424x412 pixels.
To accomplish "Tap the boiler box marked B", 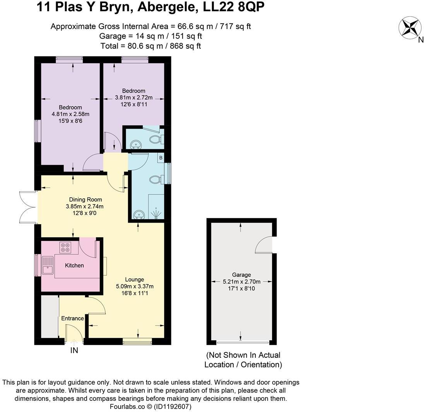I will tap(161, 158).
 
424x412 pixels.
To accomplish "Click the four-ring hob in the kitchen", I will tap(65, 247).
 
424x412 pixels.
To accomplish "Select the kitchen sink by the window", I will tap(48, 265).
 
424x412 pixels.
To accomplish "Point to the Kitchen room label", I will tap(74, 265).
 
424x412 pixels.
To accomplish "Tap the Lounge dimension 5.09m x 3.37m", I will tap(135, 287).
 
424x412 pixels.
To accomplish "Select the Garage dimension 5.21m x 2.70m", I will tap(241, 282).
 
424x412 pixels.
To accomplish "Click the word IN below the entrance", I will tap(74, 350).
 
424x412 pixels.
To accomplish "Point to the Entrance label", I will tap(72, 318).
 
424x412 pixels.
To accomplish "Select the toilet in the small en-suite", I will tap(156, 139).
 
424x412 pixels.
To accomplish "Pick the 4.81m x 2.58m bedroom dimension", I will tap(70, 114).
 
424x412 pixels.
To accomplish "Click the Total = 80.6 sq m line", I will tap(150, 46).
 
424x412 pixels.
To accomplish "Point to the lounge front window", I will tap(137, 341).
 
